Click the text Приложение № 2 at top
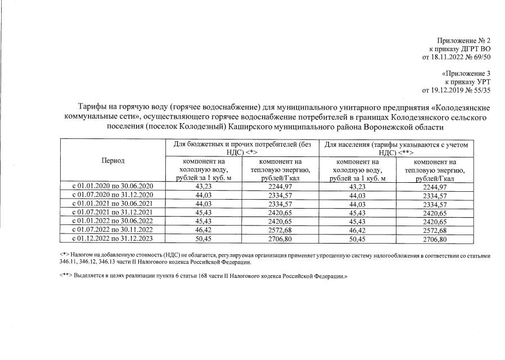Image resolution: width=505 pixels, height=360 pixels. (464, 40)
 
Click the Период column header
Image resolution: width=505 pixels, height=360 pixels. (113, 160)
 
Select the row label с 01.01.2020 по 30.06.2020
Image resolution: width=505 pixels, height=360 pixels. (113, 186)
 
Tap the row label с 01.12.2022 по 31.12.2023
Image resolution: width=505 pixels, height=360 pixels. (113, 239)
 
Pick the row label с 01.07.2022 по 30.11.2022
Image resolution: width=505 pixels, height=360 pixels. (113, 231)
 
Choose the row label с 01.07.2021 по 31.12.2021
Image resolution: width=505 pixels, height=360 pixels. (113, 213)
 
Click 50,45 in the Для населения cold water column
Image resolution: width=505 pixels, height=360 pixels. (358, 239)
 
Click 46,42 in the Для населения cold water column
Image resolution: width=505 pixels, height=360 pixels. (358, 231)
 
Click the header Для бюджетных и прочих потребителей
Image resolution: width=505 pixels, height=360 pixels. (242, 145)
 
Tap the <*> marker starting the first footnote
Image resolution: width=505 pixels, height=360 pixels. (64, 256)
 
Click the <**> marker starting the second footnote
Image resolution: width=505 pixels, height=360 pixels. (65, 276)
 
